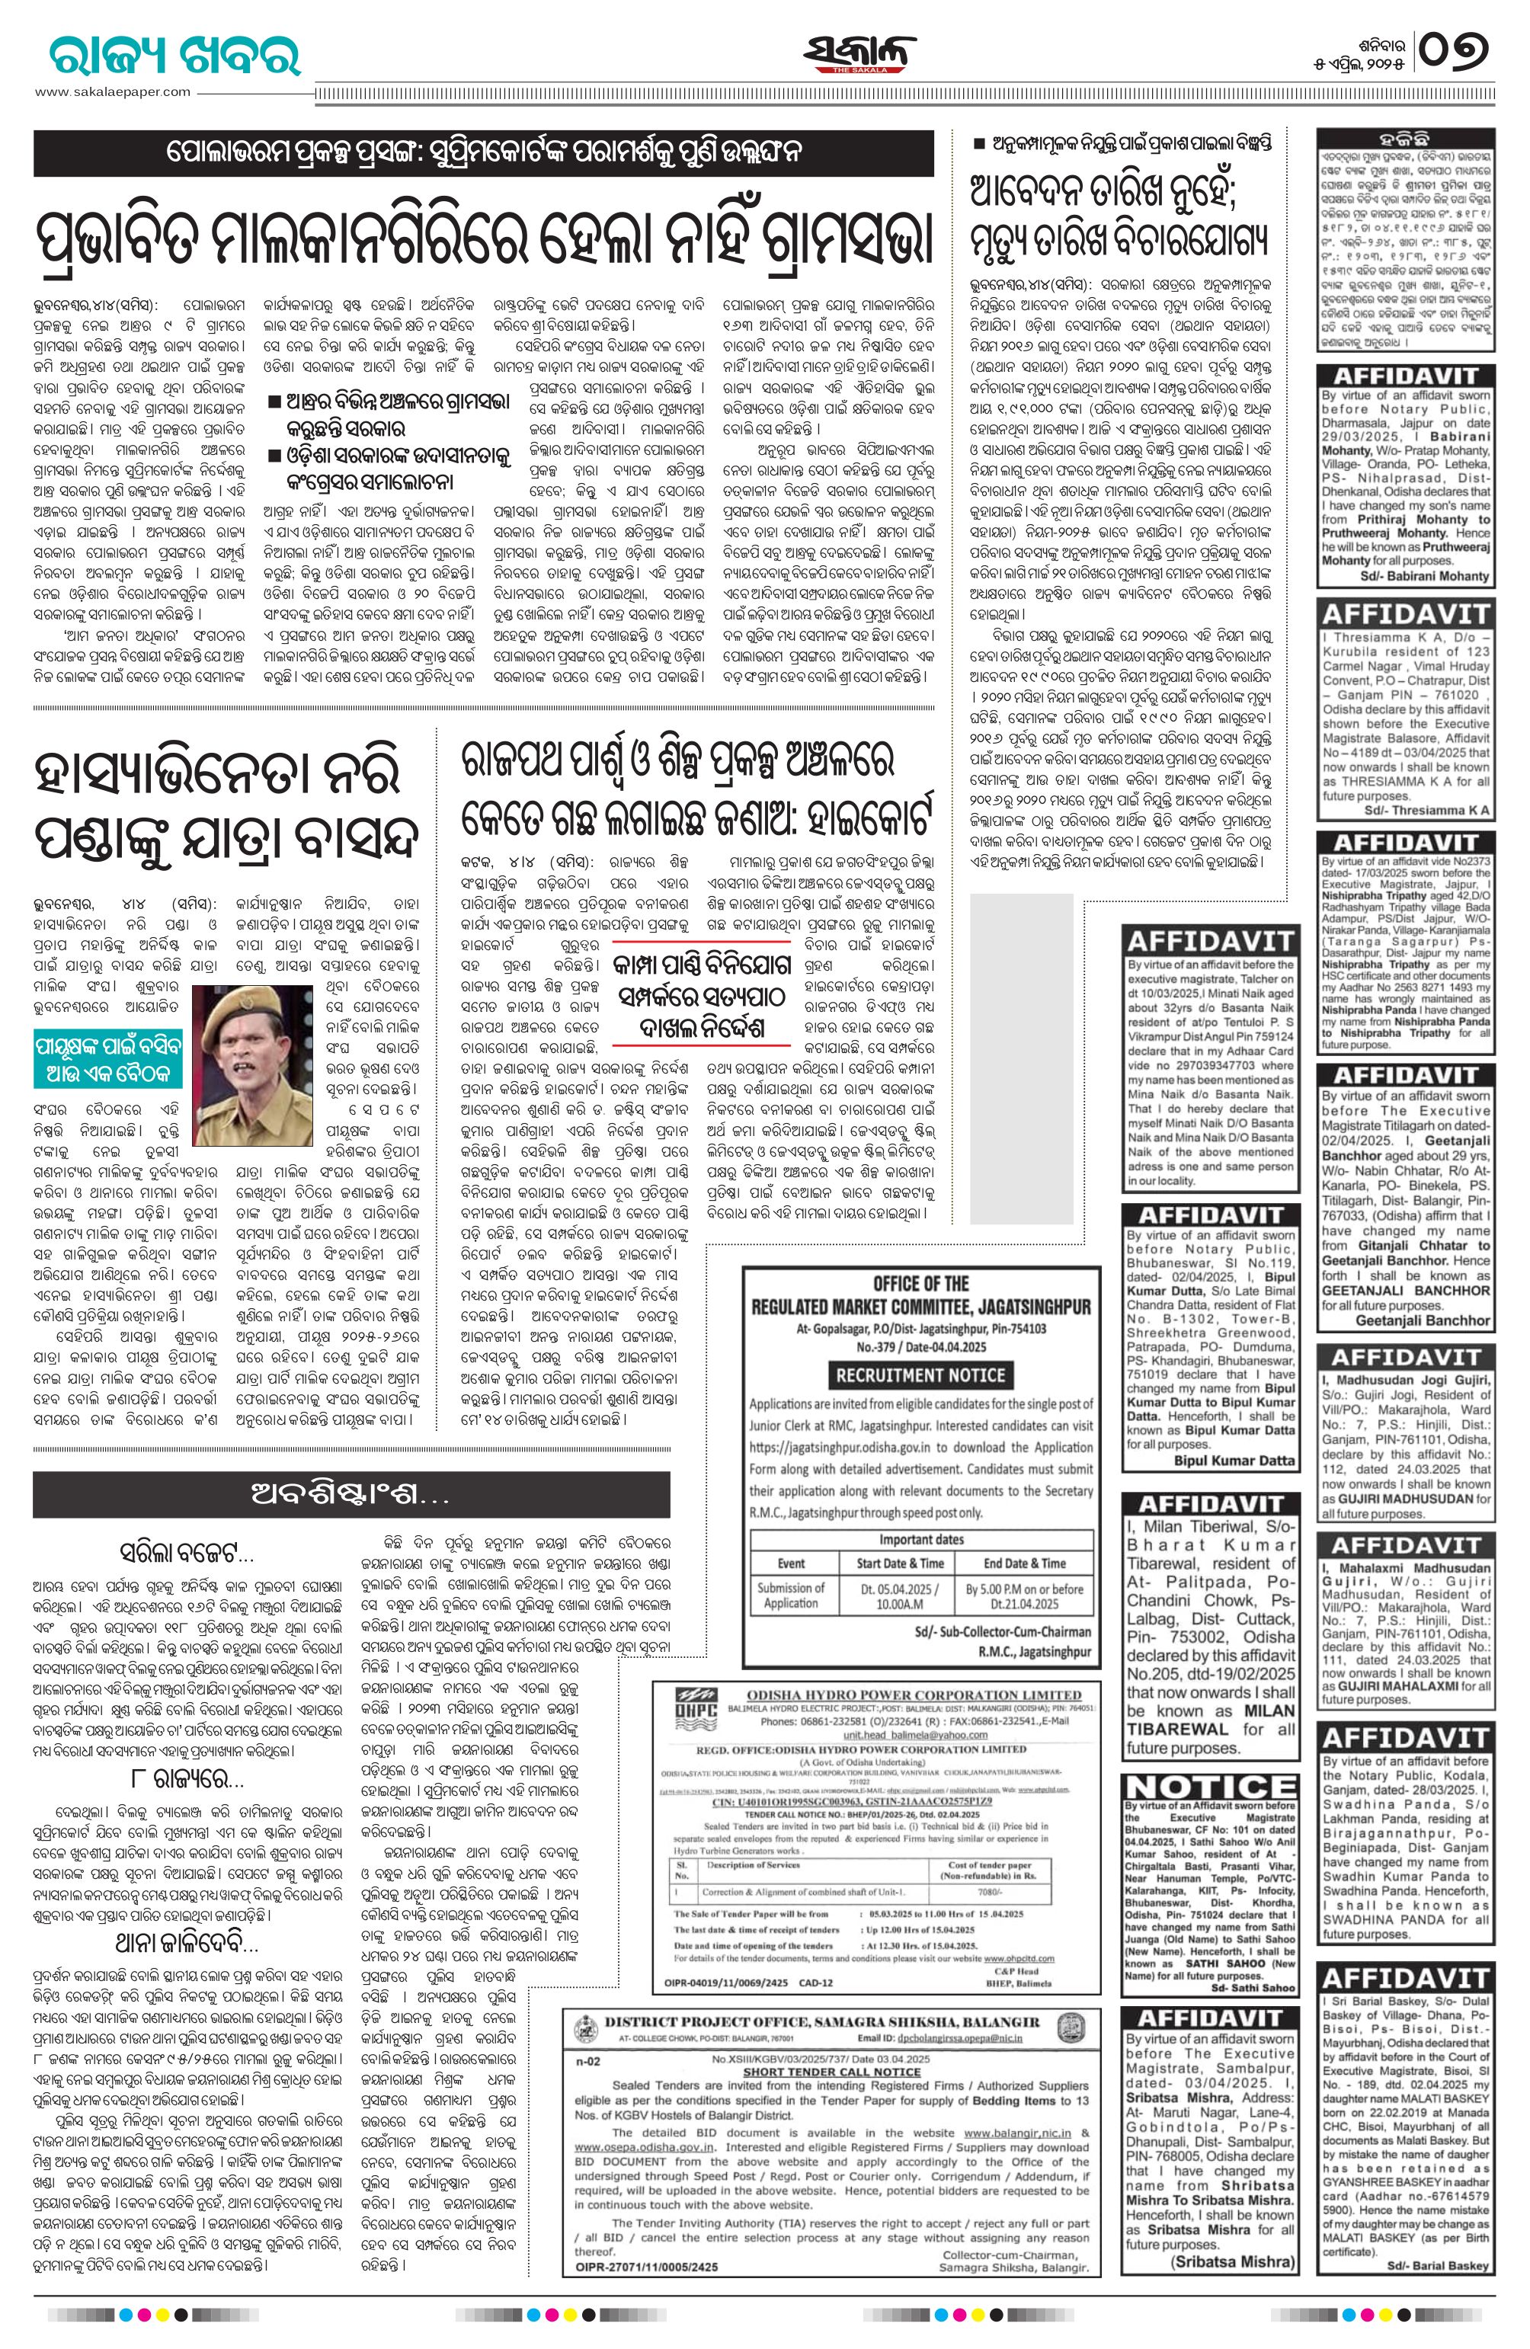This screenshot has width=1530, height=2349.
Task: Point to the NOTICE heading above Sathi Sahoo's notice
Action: pos(1209,1785)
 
